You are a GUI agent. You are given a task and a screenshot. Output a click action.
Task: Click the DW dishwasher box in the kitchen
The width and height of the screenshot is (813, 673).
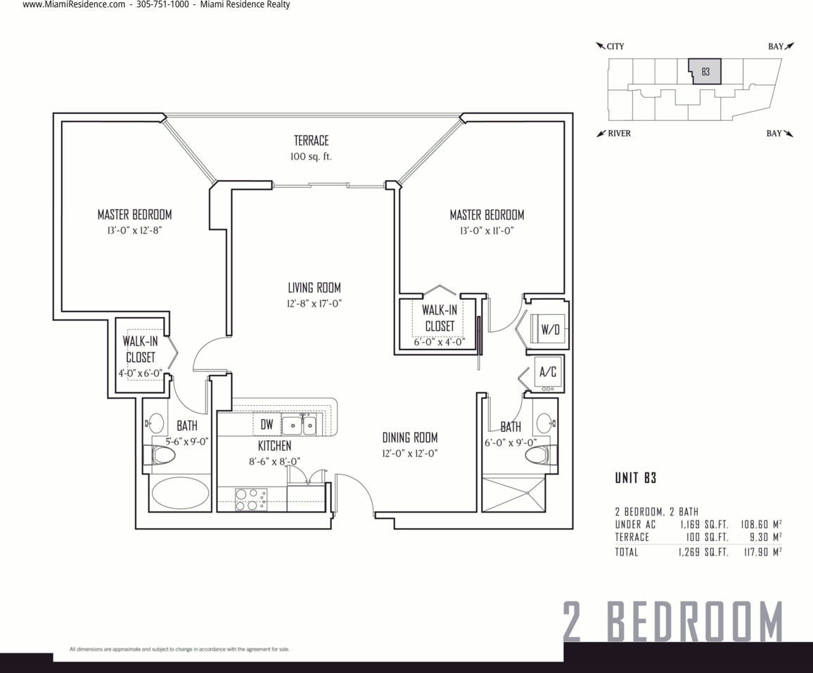pos(267,425)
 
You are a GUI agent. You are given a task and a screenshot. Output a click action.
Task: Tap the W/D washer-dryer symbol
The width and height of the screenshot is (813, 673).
pos(549,328)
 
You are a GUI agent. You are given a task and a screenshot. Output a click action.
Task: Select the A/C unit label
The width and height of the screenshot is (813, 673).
pos(548,372)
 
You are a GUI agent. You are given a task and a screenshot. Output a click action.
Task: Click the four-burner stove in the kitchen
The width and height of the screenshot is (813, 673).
pos(252,499)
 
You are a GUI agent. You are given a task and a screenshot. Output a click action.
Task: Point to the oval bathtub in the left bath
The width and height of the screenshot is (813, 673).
pos(180,492)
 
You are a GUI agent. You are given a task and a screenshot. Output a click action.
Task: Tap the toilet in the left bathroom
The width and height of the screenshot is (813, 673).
pos(162,455)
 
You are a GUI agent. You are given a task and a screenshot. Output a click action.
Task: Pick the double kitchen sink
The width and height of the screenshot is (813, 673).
pos(299,425)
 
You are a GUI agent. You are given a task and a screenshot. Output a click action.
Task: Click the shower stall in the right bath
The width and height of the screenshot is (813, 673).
pos(513,494)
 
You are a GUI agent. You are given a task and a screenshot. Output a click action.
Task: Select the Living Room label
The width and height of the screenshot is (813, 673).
pos(314,287)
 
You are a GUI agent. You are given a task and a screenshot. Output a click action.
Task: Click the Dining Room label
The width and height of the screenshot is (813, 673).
pos(409,437)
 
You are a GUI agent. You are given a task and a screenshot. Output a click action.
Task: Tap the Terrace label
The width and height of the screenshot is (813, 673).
pos(311,140)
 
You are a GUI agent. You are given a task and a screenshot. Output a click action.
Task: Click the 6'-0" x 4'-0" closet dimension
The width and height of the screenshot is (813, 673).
pos(439,342)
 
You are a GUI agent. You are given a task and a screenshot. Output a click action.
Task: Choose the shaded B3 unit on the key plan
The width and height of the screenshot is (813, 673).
pos(705,72)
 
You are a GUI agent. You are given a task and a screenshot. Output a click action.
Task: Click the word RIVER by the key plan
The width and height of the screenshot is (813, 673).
pos(619,133)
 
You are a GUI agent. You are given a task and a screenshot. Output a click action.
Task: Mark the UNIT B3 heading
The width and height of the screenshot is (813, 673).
pos(636,477)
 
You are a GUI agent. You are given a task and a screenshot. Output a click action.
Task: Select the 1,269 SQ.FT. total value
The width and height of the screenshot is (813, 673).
pos(703,552)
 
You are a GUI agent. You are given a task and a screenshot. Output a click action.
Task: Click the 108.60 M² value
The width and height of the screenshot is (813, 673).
pos(761,524)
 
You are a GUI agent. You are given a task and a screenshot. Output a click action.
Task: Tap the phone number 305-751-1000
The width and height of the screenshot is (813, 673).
pos(162,5)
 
